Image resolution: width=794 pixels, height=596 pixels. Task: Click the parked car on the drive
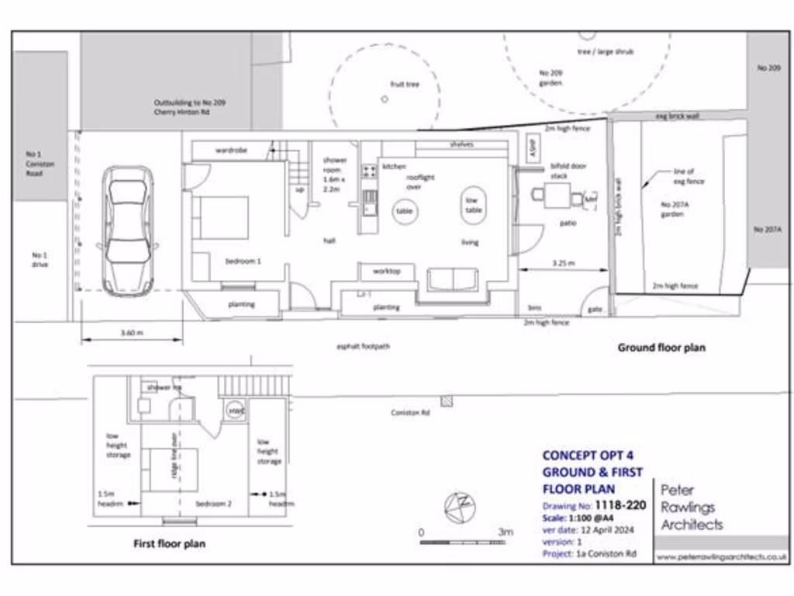pos(128,230)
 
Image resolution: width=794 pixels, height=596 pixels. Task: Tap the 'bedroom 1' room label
pos(243,262)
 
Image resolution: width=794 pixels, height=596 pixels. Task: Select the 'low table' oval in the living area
pos(474,205)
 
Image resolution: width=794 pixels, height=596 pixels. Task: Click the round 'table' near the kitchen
pos(404,211)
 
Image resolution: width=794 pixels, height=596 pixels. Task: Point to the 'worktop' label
pos(386,272)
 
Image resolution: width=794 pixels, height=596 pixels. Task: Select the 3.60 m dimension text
pos(131,332)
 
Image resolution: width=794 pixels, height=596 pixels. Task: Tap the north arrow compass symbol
pos(459,506)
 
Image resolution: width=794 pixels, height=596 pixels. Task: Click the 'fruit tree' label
pos(404,84)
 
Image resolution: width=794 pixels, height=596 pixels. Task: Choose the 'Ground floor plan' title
pos(661,348)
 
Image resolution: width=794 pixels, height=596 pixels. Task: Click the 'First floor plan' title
pos(169,544)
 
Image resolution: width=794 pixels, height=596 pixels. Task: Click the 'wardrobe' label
pos(231,150)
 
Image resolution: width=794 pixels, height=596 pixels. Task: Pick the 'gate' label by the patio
pos(595,308)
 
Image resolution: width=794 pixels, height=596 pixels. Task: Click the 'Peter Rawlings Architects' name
pos(691,508)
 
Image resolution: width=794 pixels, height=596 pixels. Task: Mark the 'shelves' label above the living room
pos(461,144)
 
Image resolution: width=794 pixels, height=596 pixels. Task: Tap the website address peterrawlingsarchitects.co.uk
pos(721,556)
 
